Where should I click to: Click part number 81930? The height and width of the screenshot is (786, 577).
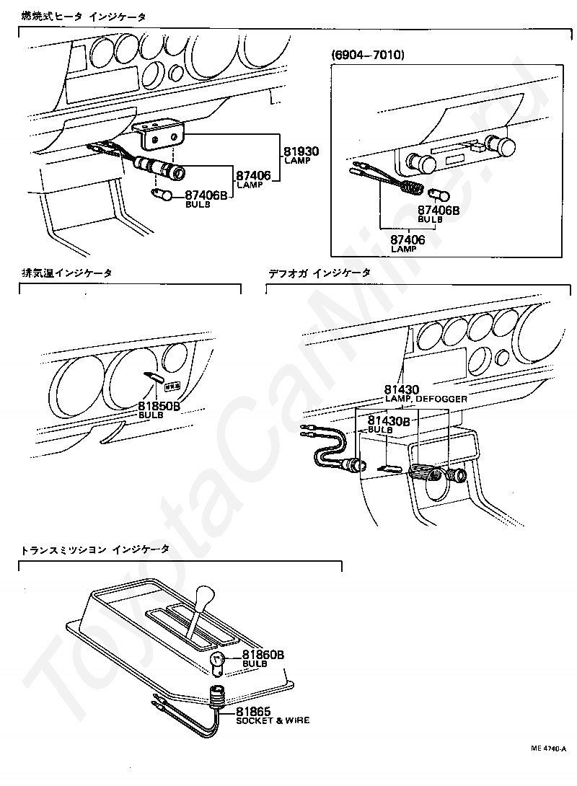(301, 151)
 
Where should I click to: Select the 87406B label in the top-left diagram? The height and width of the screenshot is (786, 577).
(206, 195)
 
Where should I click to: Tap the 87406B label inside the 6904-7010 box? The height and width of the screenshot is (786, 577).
(439, 210)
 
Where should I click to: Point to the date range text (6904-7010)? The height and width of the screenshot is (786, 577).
(368, 55)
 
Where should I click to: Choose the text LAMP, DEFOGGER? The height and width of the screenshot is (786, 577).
(426, 399)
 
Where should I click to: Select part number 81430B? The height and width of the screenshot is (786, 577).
(389, 420)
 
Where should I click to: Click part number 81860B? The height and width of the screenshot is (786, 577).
(263, 655)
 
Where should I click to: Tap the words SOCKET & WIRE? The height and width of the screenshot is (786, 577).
(273, 720)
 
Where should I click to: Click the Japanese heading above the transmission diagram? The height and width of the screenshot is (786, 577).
(95, 549)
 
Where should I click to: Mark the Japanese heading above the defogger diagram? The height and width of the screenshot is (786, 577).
(319, 273)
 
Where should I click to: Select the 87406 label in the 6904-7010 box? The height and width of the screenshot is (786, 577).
(408, 239)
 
